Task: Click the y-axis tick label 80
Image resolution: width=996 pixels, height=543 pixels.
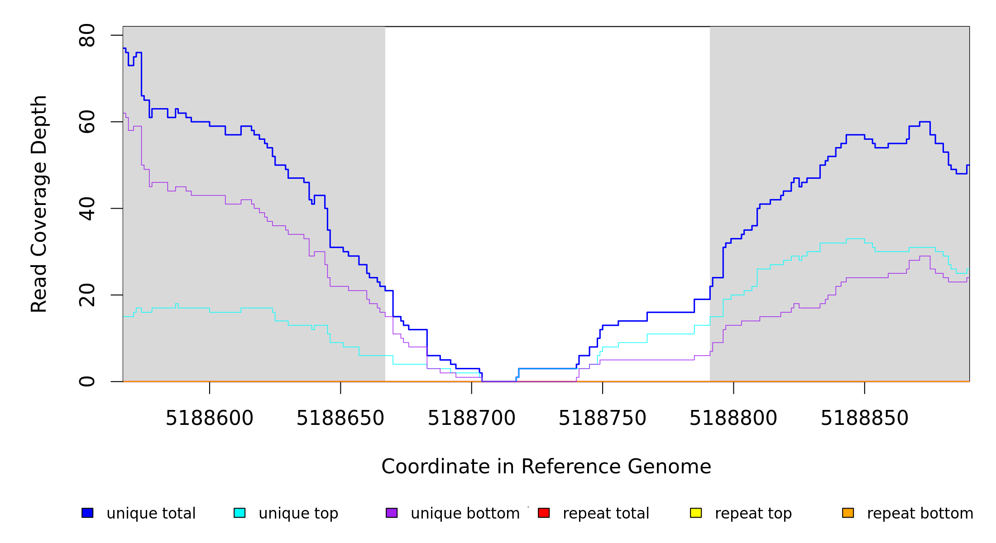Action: [x=87, y=35]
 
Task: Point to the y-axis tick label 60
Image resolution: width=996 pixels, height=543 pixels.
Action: [x=87, y=122]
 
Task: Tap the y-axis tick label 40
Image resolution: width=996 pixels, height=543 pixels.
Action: [x=87, y=209]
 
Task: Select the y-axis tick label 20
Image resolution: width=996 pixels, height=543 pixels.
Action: [x=87, y=295]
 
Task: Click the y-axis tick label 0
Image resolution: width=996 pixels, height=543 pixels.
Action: [x=87, y=381]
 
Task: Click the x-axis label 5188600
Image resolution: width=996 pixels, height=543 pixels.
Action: [x=209, y=418]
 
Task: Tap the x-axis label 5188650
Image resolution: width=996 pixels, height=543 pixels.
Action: [x=340, y=418]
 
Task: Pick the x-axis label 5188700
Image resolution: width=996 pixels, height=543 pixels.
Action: [x=471, y=418]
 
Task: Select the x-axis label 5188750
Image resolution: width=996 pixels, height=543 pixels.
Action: [x=602, y=418]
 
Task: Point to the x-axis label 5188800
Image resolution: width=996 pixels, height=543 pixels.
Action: [x=733, y=418]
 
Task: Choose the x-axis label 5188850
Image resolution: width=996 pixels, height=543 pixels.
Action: [x=864, y=418]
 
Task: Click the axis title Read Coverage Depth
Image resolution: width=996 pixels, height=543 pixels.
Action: [x=39, y=204]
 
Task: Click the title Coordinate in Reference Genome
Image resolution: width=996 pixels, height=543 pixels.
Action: [x=546, y=467]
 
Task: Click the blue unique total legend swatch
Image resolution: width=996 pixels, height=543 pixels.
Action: [x=87, y=513]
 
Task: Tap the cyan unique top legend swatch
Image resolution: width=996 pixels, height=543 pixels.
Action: [x=239, y=513]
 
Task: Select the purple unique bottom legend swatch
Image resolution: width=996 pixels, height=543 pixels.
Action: [x=392, y=513]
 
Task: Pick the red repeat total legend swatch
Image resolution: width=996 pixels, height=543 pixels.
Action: [x=544, y=513]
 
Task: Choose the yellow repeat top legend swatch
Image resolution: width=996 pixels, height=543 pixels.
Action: [x=696, y=513]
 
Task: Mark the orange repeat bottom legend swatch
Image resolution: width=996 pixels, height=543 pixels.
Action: [x=848, y=513]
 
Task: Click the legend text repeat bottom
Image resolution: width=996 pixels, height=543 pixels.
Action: [x=920, y=514]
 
